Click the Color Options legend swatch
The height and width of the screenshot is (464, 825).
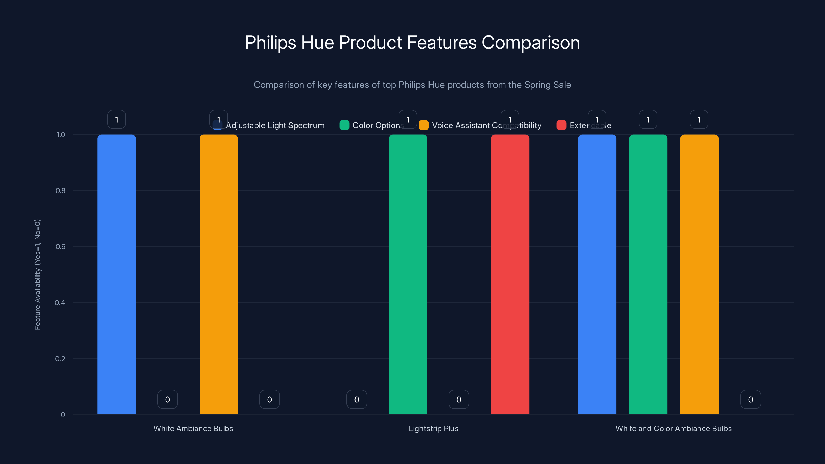pos(344,125)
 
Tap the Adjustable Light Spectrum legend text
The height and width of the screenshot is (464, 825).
pos(275,125)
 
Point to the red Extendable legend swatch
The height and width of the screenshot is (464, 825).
pos(561,125)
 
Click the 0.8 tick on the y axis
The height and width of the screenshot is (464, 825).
pos(61,190)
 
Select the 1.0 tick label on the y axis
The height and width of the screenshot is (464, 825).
pos(61,135)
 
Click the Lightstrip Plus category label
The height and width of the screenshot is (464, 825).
pos(433,428)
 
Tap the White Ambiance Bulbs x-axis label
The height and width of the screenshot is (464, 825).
pos(193,428)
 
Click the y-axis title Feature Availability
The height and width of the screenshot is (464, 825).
pos(37,275)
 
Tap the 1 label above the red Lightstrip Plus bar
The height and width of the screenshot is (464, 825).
pos(510,119)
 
